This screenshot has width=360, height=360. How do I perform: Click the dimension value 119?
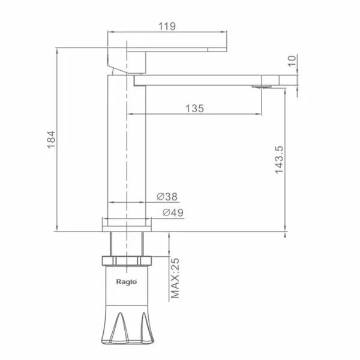(x=167, y=26)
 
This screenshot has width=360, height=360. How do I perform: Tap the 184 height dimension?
(x=51, y=140)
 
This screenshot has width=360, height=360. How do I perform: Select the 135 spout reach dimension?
(x=194, y=109)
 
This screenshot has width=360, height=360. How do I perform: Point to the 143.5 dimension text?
(x=280, y=160)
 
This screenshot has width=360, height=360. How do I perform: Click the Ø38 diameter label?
(x=167, y=197)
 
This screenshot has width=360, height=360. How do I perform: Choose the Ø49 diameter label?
(x=173, y=212)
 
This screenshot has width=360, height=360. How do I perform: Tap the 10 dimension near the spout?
(x=292, y=61)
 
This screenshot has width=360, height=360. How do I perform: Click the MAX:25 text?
(x=175, y=278)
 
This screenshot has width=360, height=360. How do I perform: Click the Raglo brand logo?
(x=127, y=282)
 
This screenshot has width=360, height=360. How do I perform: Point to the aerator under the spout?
(x=262, y=86)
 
